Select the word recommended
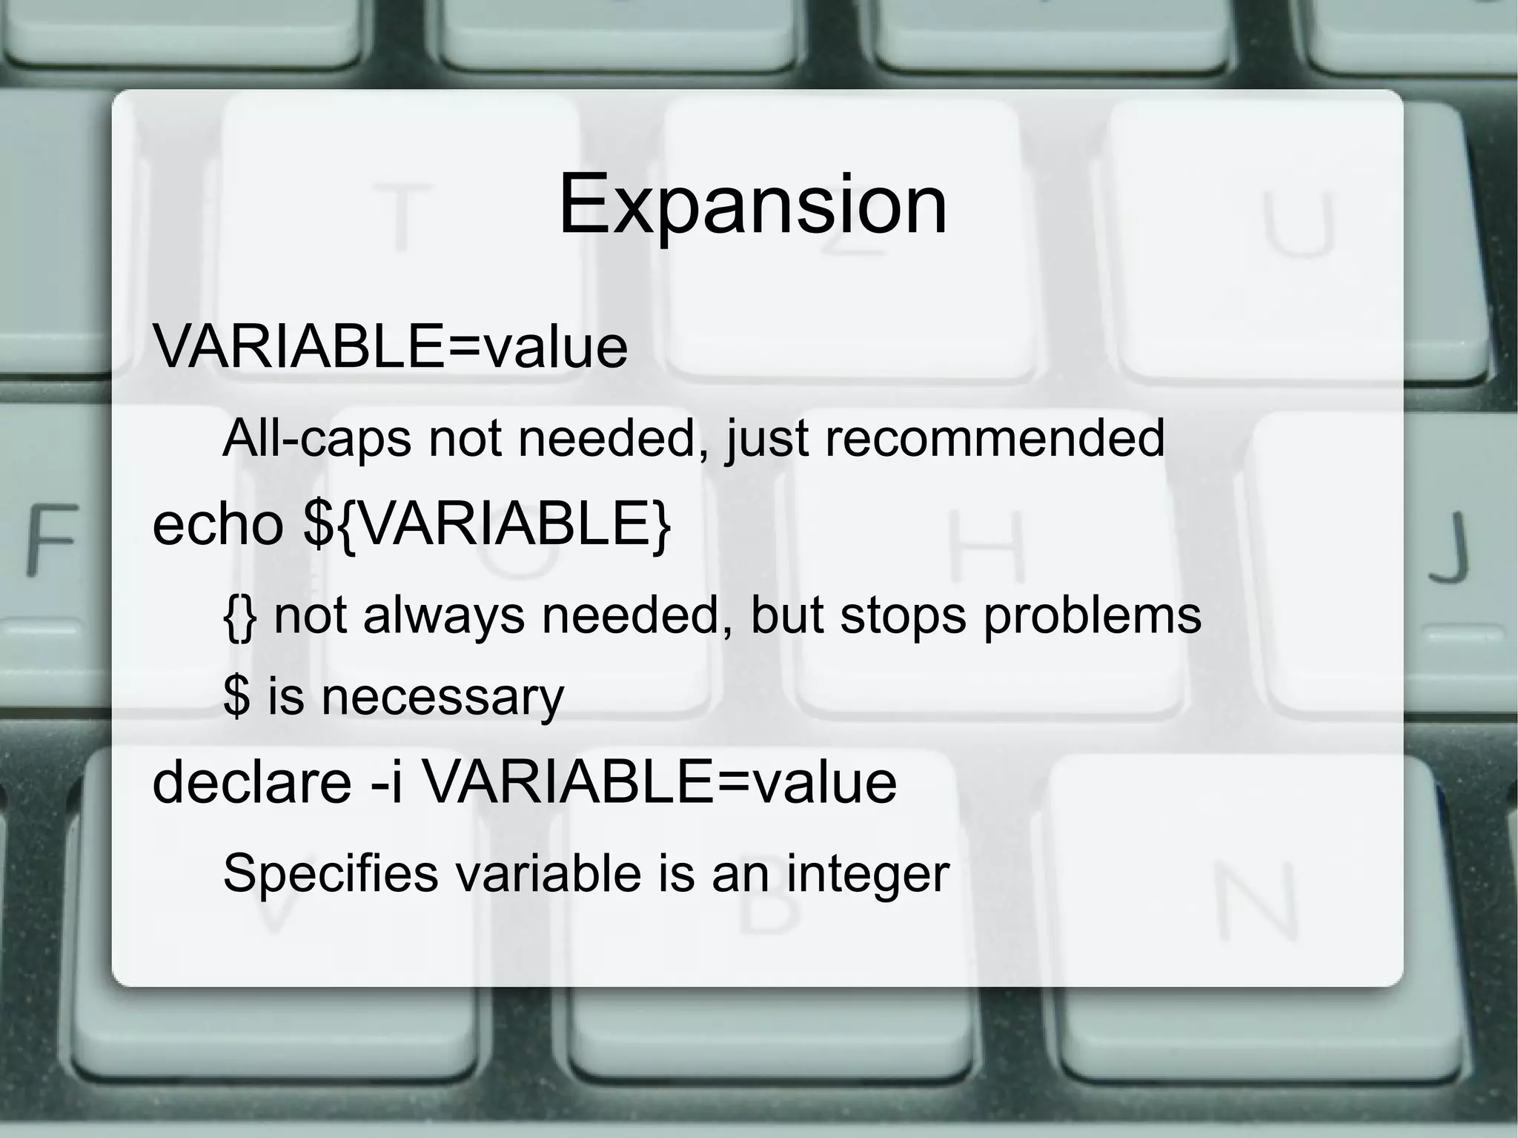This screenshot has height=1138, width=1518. [x=994, y=438]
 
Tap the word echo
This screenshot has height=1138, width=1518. [x=217, y=524]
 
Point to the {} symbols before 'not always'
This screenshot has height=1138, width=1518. [x=239, y=617]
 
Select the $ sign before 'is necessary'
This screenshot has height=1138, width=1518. [x=236, y=697]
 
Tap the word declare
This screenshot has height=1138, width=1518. [x=251, y=782]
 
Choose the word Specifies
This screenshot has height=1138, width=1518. [x=331, y=874]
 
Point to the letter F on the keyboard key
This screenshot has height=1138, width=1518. [x=51, y=538]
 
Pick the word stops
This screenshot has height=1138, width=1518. [x=903, y=615]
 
